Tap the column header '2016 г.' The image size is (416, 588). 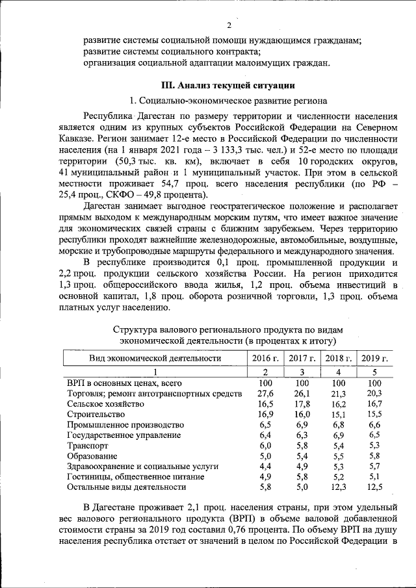click(265, 358)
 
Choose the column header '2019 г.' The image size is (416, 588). click(374, 358)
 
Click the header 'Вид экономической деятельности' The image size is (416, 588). click(155, 358)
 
